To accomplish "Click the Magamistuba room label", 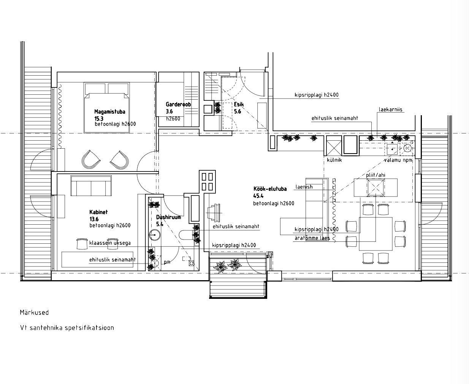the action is pos(109,112).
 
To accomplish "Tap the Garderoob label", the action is pos(178,104).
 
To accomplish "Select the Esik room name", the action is pos(239,104).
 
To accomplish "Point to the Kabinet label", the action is pos(98,212).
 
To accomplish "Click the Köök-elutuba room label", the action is pos(270,189).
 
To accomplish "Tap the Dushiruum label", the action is pos(168,217).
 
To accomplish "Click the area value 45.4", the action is pos(258,196).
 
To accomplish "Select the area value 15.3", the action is pos(99,119).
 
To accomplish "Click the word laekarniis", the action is pos(390,109).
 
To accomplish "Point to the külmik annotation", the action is pos(334,160).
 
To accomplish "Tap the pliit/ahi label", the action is pos(376,175).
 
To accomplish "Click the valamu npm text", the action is pos(398,160).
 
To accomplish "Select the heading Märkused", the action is pos(34,313).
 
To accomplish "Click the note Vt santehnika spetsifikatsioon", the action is pos(67,328).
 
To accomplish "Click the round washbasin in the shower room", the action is pos(154,235).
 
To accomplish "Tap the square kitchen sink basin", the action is pos(392,149).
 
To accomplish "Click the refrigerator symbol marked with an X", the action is pos(334,146).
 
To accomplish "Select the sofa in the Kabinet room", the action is pos(91,186).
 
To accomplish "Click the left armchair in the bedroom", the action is pos(91,160).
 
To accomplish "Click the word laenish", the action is pos(304,187).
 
